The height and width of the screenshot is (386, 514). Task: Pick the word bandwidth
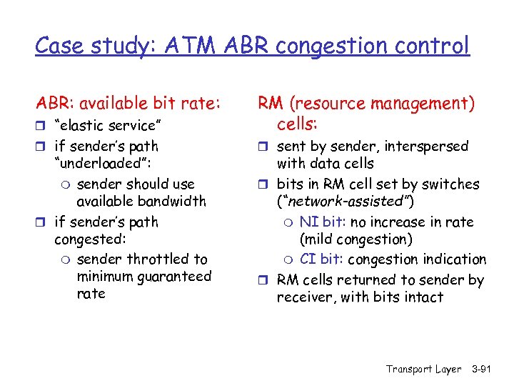[x=173, y=202]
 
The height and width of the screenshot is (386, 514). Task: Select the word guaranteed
[x=175, y=277]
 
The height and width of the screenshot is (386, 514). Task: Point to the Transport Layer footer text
[x=423, y=369]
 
